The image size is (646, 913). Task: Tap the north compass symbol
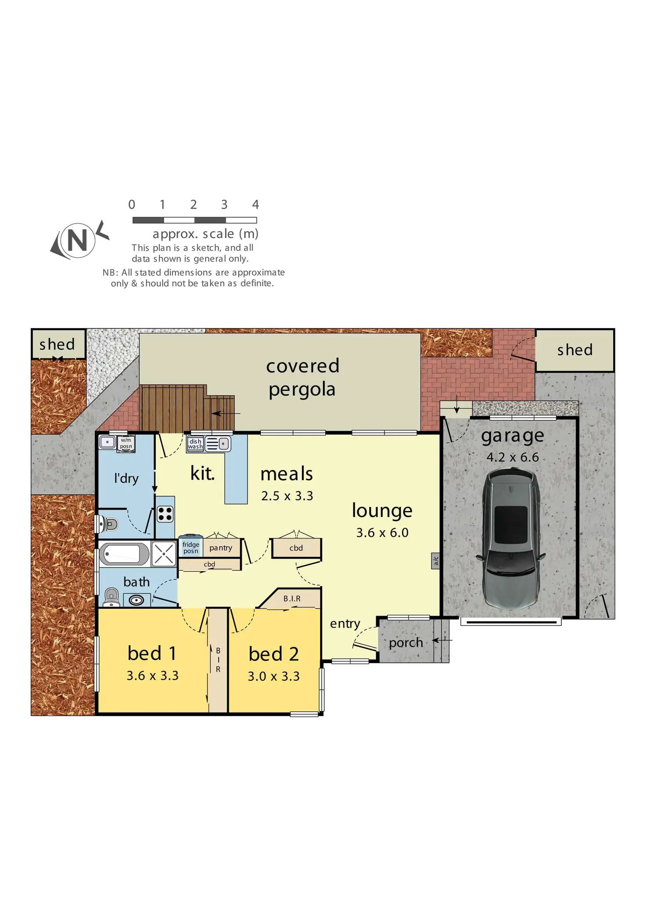[x=78, y=240]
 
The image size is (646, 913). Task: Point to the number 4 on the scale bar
[x=255, y=204]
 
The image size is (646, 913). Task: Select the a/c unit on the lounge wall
[x=436, y=560]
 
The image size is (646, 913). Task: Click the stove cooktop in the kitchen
[x=165, y=514]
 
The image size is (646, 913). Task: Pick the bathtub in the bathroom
[x=125, y=554]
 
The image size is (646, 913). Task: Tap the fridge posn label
[x=191, y=548]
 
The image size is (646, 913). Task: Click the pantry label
[x=221, y=548]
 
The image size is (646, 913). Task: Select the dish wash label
[x=195, y=444]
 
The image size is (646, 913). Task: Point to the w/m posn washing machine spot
[x=126, y=443]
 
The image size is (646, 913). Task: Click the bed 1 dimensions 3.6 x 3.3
[x=152, y=676]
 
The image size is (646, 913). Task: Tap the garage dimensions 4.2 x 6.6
[x=512, y=457]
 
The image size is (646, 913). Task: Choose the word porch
[x=406, y=643]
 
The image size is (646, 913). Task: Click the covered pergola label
[x=302, y=378]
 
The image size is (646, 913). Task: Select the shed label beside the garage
[x=574, y=350]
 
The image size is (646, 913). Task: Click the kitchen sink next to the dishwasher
[x=218, y=444]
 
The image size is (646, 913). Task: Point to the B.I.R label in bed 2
[x=292, y=599]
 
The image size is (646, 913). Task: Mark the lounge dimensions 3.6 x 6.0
[x=382, y=533]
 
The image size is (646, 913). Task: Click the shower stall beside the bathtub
[x=164, y=554]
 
